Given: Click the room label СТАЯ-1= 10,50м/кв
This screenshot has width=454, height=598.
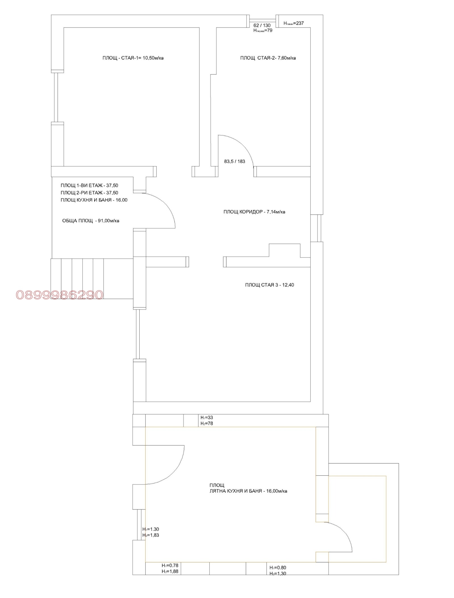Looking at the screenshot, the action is pyautogui.click(x=142, y=58).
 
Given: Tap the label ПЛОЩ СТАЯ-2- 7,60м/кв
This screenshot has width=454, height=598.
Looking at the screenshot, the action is pyautogui.click(x=268, y=58).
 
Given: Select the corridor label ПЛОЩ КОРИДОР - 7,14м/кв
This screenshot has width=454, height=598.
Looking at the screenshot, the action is pyautogui.click(x=254, y=212).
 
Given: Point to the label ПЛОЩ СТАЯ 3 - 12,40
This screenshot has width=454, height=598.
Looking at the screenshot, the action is pyautogui.click(x=270, y=285).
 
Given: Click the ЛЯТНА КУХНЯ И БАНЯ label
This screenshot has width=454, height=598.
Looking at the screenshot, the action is pyautogui.click(x=248, y=491).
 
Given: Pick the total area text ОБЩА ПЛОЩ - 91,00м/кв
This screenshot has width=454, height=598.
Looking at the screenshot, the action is pyautogui.click(x=91, y=221).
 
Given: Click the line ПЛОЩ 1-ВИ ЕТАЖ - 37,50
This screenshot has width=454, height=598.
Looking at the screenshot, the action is pyautogui.click(x=89, y=186).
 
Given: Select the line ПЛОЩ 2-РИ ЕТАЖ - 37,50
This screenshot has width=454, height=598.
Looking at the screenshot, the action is pyautogui.click(x=89, y=193).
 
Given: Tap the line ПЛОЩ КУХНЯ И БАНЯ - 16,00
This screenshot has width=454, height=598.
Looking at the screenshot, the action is pyautogui.click(x=94, y=200).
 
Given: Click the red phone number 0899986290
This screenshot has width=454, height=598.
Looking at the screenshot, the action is pyautogui.click(x=60, y=295).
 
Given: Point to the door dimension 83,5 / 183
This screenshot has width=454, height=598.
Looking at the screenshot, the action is pyautogui.click(x=234, y=161).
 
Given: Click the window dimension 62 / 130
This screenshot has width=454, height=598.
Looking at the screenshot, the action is pyautogui.click(x=262, y=26).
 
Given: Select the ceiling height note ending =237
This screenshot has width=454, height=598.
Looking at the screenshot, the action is pyautogui.click(x=294, y=23).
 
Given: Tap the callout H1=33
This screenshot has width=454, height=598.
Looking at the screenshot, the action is pyautogui.click(x=207, y=418).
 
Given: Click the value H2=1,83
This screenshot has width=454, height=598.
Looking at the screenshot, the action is pyautogui.click(x=151, y=535).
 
